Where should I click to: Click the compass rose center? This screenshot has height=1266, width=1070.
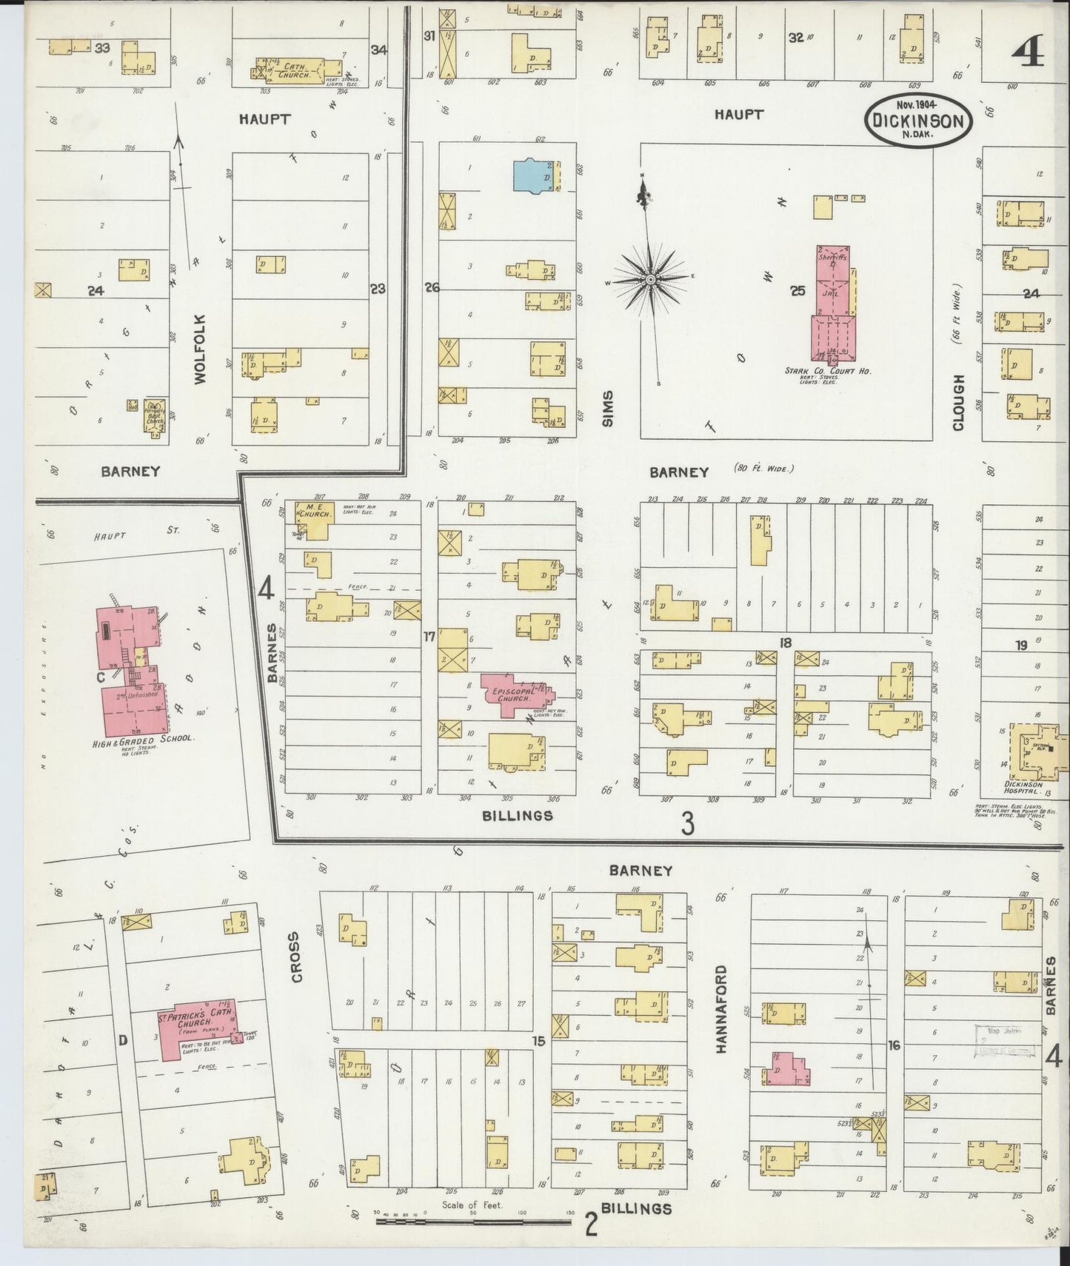click(650, 280)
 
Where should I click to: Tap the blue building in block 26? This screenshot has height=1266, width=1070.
click(532, 175)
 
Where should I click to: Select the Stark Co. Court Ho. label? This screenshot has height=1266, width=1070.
click(828, 371)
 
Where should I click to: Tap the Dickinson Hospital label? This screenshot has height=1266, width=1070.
click(1023, 785)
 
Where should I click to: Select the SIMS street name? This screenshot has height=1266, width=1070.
click(608, 410)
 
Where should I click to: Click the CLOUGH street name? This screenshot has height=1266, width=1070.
click(958, 402)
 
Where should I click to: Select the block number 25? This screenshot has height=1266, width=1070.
click(797, 291)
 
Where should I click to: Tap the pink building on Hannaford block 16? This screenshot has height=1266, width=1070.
click(788, 1069)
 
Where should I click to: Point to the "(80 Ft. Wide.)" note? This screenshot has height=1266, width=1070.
click(763, 469)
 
